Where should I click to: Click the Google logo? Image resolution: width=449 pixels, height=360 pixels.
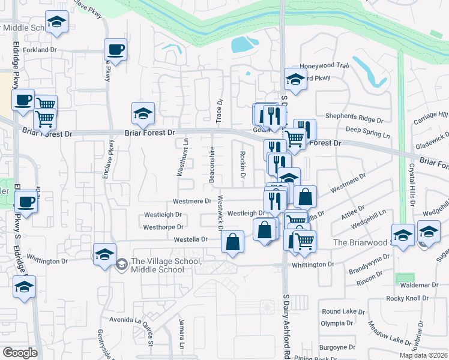click(19, 353)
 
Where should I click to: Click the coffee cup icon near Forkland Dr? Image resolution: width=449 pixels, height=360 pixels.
click(115, 50)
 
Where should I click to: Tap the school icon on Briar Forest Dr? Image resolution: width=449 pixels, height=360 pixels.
click(143, 113)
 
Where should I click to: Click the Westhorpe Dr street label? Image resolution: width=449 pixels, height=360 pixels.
click(163, 227)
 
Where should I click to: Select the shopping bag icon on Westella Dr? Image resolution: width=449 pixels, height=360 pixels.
click(232, 242)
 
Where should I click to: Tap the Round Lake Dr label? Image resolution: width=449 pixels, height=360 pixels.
click(343, 311)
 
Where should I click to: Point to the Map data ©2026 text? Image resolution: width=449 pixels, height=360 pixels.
click(423, 355)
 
